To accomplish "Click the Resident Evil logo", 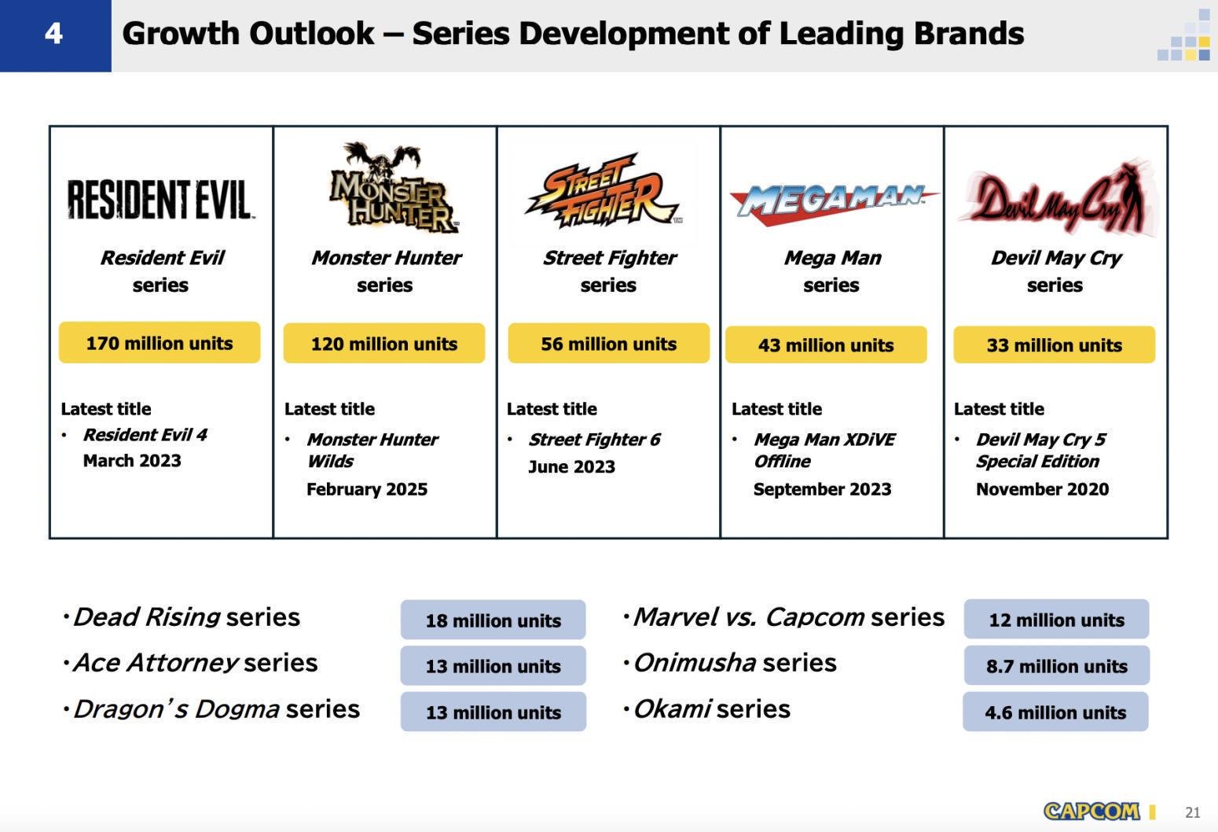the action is point(160,200).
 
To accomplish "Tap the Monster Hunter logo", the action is point(394,188).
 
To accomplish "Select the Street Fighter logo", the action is point(603,190).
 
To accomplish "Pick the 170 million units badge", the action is point(160,343).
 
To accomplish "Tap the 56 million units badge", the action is point(608,344).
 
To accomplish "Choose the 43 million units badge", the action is point(826,344).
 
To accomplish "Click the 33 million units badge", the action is point(1055,344).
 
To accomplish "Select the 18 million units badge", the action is point(493,620).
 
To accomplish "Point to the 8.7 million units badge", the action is point(1056,665).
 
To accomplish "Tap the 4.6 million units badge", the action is point(1055,712).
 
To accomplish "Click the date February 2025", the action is point(367,489).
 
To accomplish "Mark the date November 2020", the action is point(1042,489).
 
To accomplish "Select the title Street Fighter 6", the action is point(594,439).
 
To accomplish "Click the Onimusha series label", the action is point(736,663).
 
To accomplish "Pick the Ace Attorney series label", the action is point(196,663).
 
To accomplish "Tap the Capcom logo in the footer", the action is point(1091,812).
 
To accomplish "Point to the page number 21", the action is point(1192,812).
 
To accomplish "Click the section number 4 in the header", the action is point(54,34).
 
